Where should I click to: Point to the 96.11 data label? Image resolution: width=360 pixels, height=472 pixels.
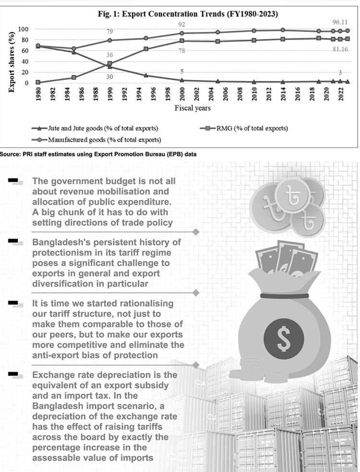coord(336,22)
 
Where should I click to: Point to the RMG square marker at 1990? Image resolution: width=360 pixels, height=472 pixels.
coord(110,63)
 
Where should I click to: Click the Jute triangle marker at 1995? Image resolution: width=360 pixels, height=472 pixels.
coord(145,75)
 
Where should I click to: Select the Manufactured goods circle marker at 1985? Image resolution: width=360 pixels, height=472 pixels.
coord(73,48)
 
